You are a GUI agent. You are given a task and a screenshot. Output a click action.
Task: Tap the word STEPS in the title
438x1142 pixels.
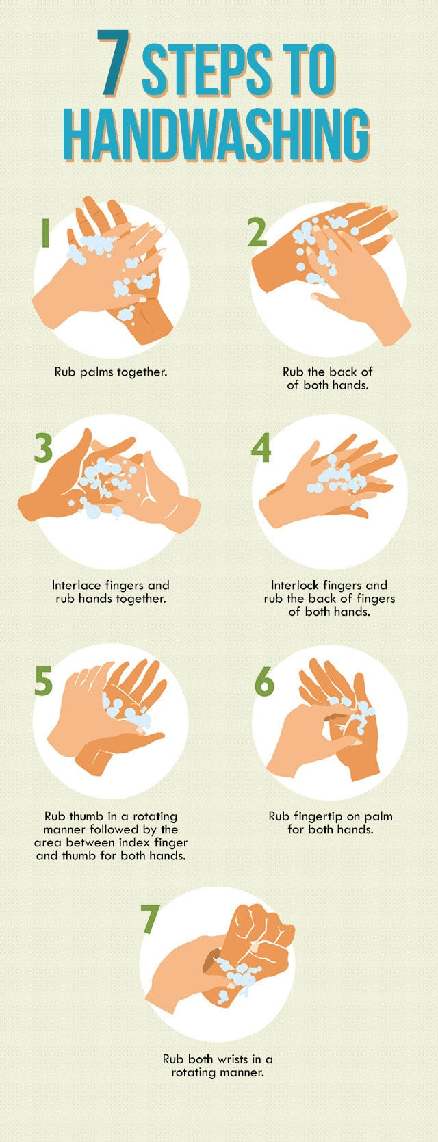click(x=206, y=70)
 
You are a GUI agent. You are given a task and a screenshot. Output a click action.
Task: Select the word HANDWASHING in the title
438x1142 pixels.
click(x=217, y=134)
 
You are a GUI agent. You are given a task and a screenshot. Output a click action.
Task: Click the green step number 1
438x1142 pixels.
click(x=45, y=233)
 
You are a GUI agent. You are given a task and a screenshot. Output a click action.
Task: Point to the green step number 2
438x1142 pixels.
click(x=257, y=232)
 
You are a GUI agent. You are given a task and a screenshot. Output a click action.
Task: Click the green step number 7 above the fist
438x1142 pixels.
click(x=151, y=919)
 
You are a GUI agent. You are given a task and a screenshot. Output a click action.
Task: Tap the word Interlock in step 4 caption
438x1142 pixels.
click(x=295, y=585)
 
